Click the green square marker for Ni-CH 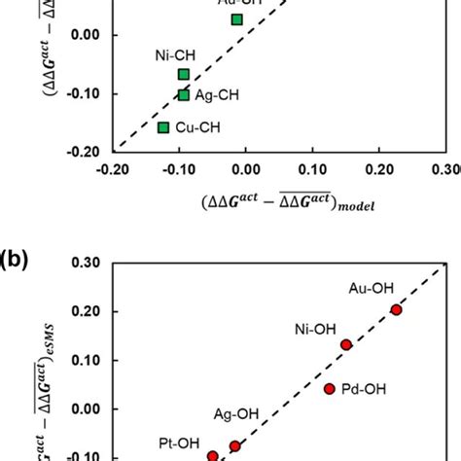point(184,75)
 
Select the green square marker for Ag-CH point(184,95)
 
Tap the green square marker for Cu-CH point(163,127)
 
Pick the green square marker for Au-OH point(237,19)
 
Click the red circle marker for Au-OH point(396,309)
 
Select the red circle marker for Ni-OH point(346,344)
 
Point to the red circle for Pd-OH point(329,389)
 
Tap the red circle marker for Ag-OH point(234,446)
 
